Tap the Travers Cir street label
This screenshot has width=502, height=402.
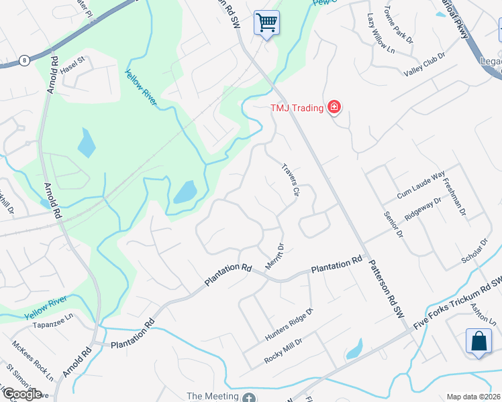[289, 179]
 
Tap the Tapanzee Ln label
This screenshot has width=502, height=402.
[52, 321]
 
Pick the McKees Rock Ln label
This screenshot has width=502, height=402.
[32, 360]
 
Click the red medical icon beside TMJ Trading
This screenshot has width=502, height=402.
[334, 107]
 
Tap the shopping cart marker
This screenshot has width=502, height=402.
[266, 23]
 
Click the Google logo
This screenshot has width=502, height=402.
[23, 393]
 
